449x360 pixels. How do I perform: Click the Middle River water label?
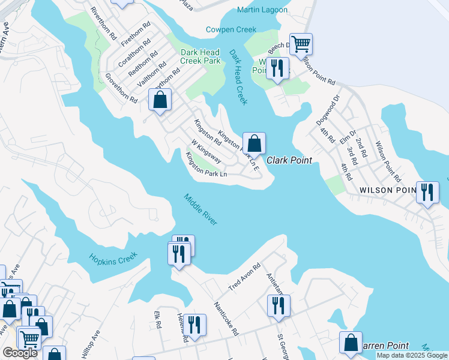click(x=200, y=210)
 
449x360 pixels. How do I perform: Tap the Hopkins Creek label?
click(x=113, y=257)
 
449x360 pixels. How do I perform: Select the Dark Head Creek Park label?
click(x=200, y=56)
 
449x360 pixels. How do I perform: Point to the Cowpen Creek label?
click(x=231, y=29)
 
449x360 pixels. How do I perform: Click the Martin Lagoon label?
click(x=262, y=10)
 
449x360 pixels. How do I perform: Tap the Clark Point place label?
click(x=287, y=160)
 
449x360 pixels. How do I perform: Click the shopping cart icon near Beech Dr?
click(x=301, y=44)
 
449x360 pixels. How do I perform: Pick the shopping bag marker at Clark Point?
click(x=255, y=144)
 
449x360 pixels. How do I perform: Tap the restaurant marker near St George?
click(x=279, y=306)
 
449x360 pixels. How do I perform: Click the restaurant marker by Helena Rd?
click(x=193, y=326)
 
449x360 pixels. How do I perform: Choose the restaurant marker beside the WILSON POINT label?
click(x=427, y=193)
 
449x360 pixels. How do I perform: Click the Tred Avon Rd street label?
click(x=244, y=278)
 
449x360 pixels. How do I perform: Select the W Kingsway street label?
click(x=206, y=152)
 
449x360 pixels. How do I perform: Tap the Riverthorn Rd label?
click(x=103, y=23)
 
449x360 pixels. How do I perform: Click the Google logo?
click(x=20, y=353)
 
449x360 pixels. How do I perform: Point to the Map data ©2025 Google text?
click(x=411, y=355)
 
